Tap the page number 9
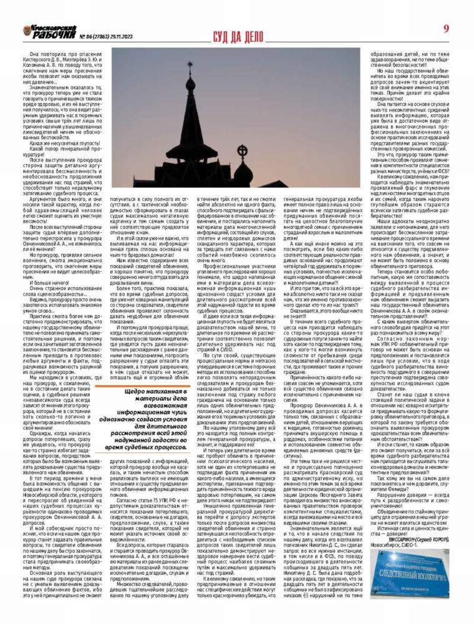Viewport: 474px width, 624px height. [447, 29]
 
